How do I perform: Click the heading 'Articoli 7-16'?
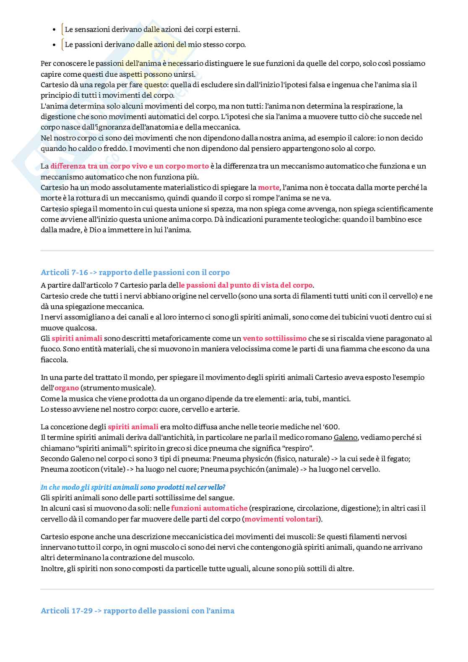click(65, 273)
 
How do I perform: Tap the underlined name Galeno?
click(346, 437)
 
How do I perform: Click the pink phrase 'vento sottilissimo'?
click(275, 338)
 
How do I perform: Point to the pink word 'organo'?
click(67, 388)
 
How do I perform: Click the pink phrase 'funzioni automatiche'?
click(209, 508)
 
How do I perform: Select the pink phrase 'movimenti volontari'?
click(281, 519)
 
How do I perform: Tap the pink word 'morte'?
click(268, 187)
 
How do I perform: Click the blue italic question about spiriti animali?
click(133, 487)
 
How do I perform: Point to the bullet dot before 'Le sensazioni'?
click(54, 30)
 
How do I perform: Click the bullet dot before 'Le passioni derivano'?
click(54, 45)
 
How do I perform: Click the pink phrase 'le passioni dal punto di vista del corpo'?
click(246, 285)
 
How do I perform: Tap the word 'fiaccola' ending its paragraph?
click(54, 360)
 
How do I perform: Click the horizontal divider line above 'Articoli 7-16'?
click(237, 251)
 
